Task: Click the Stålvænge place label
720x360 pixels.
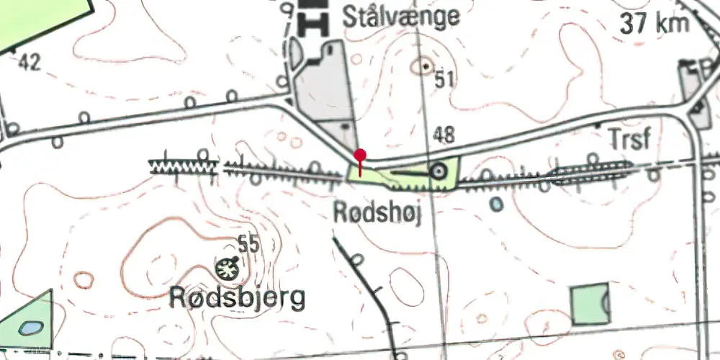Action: tap(401, 16)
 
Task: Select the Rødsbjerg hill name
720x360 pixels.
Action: tap(237, 297)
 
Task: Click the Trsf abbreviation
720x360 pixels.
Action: tap(629, 139)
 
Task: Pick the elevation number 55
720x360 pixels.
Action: tap(248, 245)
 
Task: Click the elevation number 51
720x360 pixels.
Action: tap(445, 80)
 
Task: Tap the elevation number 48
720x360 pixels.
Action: tap(444, 134)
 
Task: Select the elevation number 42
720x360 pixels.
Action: tap(30, 63)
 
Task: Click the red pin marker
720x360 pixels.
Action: tap(360, 156)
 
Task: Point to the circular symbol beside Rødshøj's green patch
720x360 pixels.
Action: tap(437, 171)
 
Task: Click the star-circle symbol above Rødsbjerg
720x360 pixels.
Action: tap(227, 269)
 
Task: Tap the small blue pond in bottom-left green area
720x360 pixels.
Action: tap(30, 328)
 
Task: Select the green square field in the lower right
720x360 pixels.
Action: tap(590, 304)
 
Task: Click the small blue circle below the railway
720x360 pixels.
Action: tap(496, 204)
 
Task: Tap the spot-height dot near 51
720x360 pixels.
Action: tap(426, 66)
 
